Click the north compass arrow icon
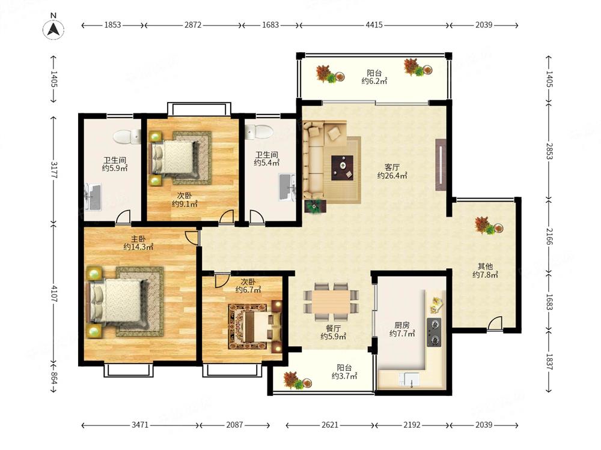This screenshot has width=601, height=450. point(53,29)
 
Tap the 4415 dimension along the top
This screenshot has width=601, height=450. point(374,25)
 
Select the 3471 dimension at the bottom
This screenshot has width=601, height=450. point(140,425)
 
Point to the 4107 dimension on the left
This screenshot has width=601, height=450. point(53,293)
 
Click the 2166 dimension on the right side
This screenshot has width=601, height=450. point(549,236)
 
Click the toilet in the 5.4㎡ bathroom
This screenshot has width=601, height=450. point(258,132)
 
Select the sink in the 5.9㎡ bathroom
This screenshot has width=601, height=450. point(93,197)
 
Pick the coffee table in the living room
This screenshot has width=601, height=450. point(343,167)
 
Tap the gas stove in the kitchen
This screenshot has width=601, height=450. point(435,332)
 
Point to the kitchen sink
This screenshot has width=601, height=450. point(409,380)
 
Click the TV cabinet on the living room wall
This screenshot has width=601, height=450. point(441,164)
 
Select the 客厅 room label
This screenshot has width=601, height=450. point(392,167)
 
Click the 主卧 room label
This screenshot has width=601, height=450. point(138,239)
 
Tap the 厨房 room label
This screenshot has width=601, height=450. point(402,325)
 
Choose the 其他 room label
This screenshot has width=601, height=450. point(485,266)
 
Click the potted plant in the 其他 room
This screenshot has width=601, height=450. point(488,226)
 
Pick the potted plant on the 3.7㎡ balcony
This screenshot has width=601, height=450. point(297,380)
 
